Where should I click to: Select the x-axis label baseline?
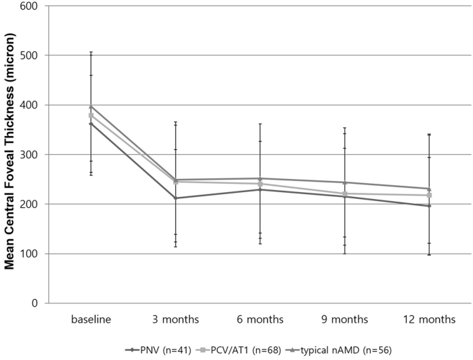tap(90, 320)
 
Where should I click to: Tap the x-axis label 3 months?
tap(175, 320)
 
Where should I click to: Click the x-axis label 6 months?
tap(260, 320)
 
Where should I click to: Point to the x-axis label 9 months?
tap(344, 320)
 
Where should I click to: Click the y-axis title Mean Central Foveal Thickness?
tap(11, 154)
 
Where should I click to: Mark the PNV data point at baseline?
tap(90, 124)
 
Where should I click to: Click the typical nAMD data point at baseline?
tap(90, 106)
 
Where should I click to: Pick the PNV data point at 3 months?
tap(175, 198)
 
